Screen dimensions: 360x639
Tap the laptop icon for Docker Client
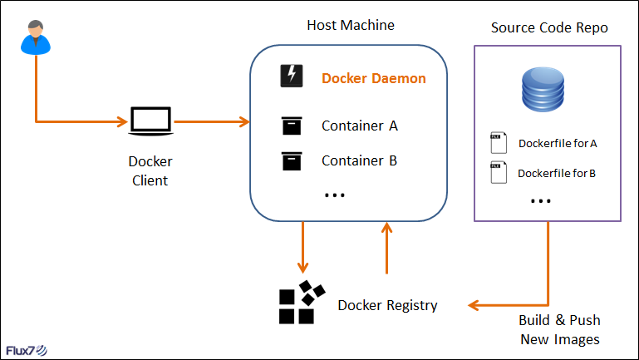tap(150, 121)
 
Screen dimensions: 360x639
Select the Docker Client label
tap(150, 171)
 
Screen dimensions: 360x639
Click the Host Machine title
tap(351, 26)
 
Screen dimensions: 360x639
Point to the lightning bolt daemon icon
tap(292, 76)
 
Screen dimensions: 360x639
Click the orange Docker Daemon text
tap(374, 79)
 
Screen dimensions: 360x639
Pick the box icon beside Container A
tap(292, 126)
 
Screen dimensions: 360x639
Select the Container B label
tap(359, 160)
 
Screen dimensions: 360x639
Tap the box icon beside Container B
tap(292, 160)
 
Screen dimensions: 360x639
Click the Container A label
tap(360, 126)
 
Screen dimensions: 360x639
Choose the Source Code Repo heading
tap(549, 28)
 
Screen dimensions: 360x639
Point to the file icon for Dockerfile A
tap(498, 142)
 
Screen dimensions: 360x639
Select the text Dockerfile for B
tap(557, 174)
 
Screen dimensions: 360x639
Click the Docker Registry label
tap(387, 305)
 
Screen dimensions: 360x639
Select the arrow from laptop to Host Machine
tap(212, 122)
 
